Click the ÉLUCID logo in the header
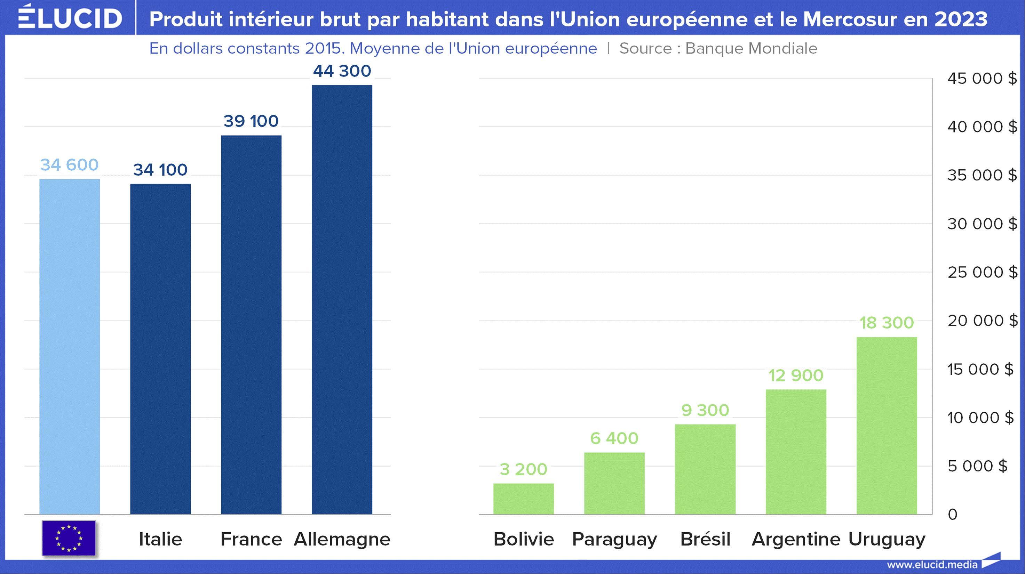click(x=70, y=17)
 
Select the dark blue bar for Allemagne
click(x=342, y=299)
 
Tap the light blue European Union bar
click(x=70, y=347)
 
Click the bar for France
click(x=251, y=325)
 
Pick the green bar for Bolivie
click(x=523, y=499)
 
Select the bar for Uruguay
click(x=887, y=426)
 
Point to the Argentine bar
click(x=796, y=452)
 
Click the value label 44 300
click(x=342, y=71)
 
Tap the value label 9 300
click(x=705, y=410)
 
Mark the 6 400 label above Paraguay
click(x=614, y=438)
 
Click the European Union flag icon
click(x=69, y=538)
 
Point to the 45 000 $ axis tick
click(x=982, y=79)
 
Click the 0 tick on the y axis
click(x=953, y=514)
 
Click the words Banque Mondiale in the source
click(x=751, y=48)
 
